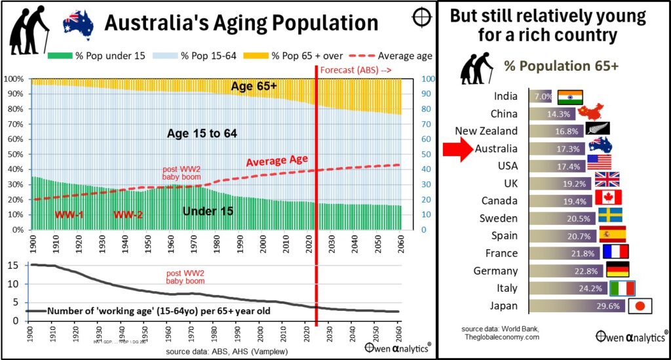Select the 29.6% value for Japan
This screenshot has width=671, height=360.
coord(611,306)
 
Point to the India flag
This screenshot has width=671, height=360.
coord(570,97)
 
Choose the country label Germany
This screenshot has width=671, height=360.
coord(495,271)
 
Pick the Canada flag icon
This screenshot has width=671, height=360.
coord(607,197)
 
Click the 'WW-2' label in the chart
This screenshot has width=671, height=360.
coord(128,214)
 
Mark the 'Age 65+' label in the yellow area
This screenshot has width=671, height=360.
coord(254,86)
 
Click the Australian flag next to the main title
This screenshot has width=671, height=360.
coord(78,24)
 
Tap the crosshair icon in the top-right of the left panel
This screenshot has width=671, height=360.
coord(421,17)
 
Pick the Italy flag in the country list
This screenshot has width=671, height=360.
coord(622,289)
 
